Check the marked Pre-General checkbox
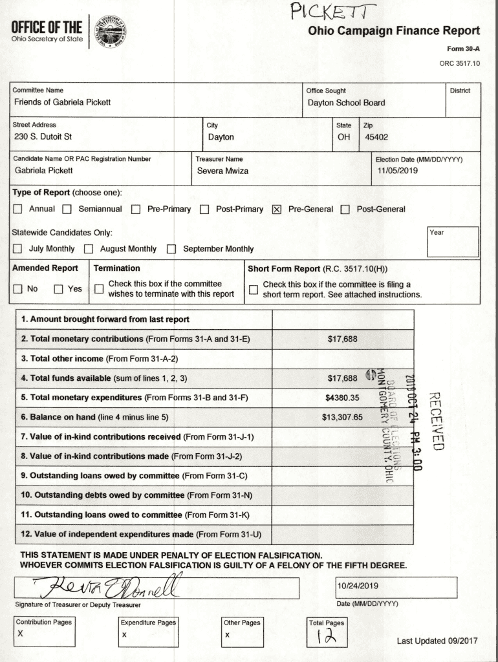click(277, 209)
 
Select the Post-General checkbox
click(345, 209)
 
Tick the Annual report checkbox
click(17, 209)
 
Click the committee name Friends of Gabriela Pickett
click(62, 102)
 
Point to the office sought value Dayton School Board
click(346, 103)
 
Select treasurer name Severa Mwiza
click(222, 171)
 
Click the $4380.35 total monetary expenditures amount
click(342, 398)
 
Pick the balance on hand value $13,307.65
click(342, 417)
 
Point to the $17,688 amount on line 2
click(342, 339)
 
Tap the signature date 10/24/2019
click(358, 586)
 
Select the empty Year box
click(453, 242)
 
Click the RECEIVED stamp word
click(437, 420)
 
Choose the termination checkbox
click(99, 289)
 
